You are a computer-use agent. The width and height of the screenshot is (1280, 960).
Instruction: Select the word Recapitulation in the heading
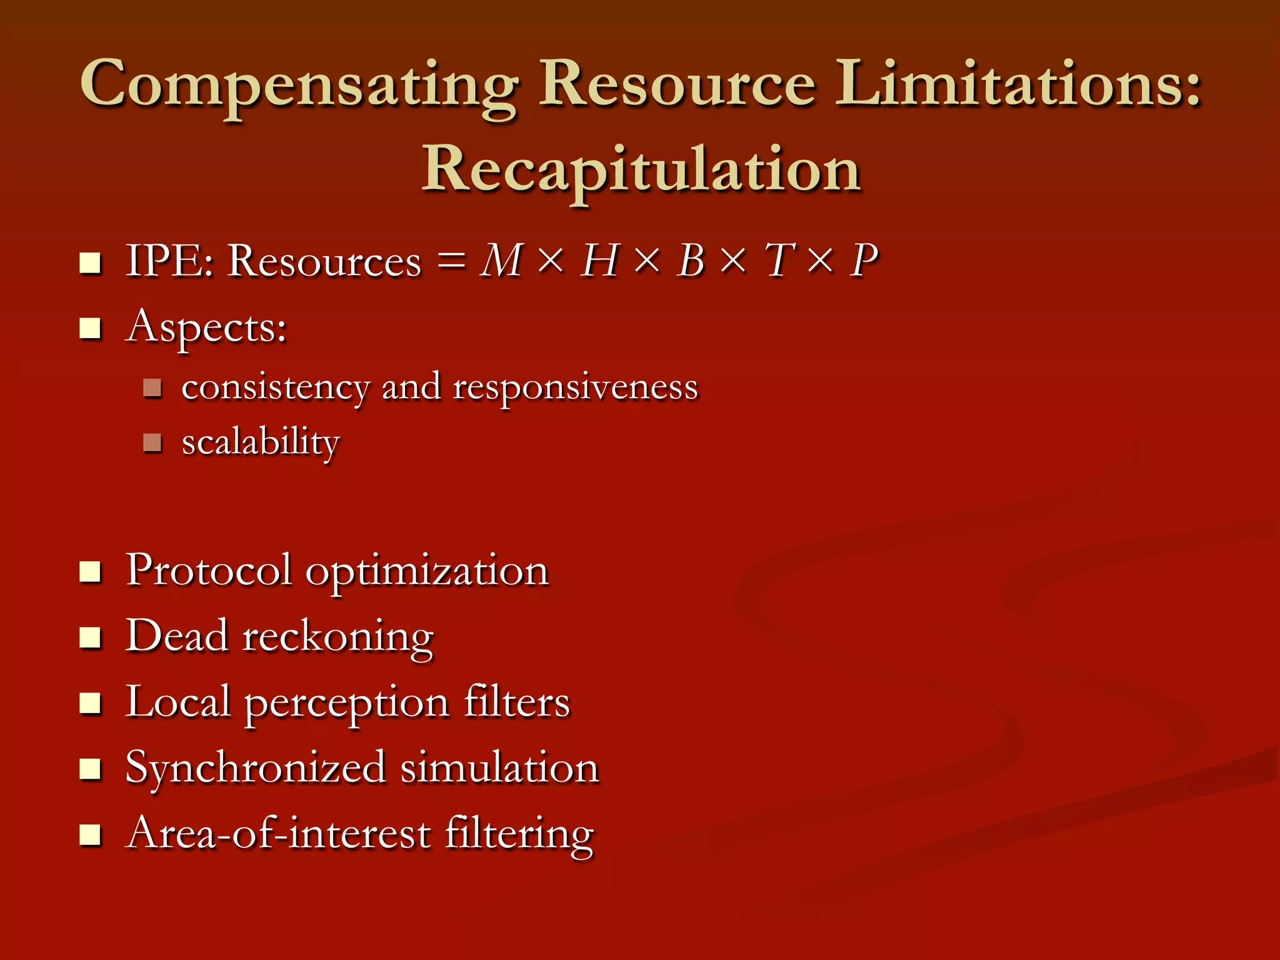click(641, 170)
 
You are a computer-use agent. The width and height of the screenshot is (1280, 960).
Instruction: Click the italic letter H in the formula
click(599, 261)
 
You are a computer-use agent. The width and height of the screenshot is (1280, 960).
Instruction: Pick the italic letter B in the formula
click(692, 261)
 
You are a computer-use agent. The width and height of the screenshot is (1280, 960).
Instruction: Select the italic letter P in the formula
click(864, 261)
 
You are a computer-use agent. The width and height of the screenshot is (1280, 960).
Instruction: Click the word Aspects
click(206, 327)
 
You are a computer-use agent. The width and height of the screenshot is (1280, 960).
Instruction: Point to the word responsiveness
click(575, 387)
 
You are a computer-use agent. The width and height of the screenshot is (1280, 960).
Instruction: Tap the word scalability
click(261, 442)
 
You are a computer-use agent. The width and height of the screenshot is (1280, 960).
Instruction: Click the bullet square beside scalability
click(152, 443)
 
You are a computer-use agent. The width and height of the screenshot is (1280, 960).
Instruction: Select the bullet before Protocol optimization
click(91, 571)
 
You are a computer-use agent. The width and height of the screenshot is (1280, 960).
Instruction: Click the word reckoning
click(337, 637)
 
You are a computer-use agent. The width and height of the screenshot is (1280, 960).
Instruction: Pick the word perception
click(346, 704)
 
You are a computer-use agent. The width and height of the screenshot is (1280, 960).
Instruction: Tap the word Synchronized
click(255, 768)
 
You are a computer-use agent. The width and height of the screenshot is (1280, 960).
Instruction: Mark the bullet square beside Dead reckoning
click(91, 637)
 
